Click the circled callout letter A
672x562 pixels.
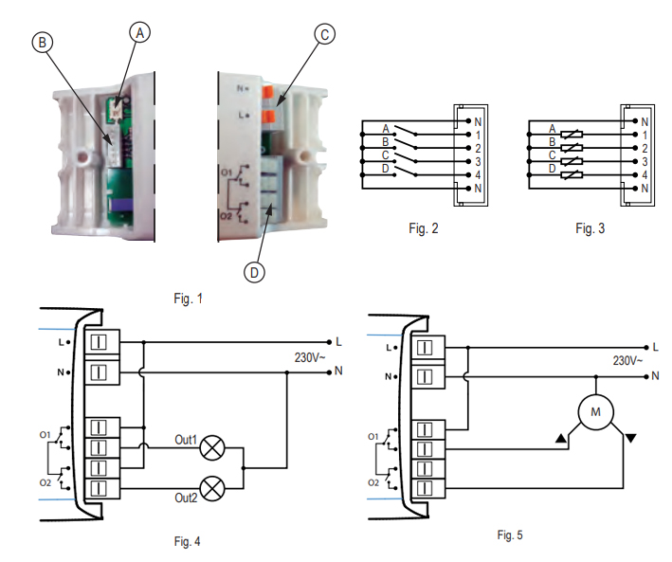point(139,31)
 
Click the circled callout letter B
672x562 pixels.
point(41,41)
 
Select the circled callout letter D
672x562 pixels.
point(253,272)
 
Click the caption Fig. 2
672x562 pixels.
point(422,228)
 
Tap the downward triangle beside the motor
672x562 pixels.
point(632,437)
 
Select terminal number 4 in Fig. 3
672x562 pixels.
point(645,175)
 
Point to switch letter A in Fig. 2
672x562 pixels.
point(386,128)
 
